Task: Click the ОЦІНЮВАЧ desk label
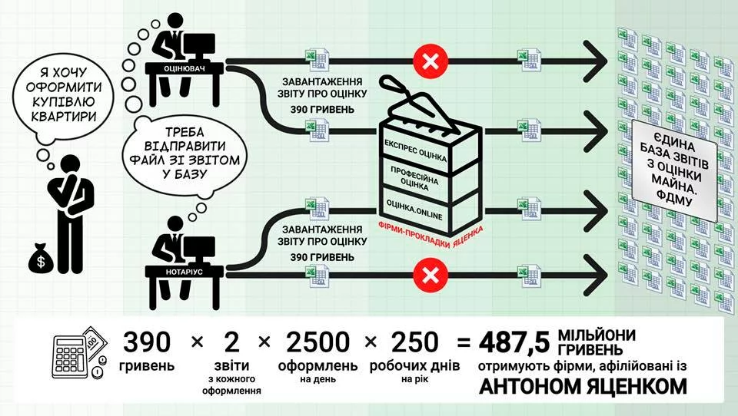point(178,68)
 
